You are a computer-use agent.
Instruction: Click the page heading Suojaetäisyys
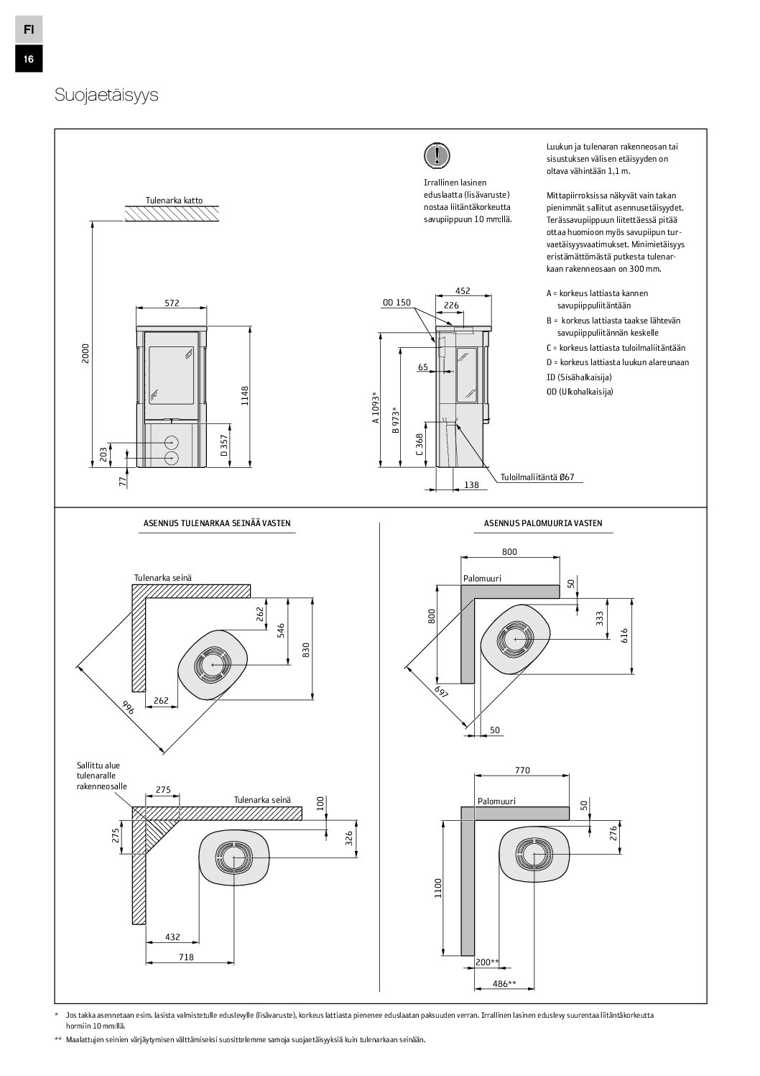[x=106, y=96]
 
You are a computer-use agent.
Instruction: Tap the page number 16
[x=28, y=60]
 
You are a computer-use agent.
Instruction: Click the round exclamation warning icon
[x=436, y=155]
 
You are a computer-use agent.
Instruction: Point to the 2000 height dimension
[x=86, y=352]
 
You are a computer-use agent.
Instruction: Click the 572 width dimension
[x=172, y=303]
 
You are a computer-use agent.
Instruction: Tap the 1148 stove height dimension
[x=244, y=397]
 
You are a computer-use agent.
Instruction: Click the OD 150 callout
[x=396, y=303]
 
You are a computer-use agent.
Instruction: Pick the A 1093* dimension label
[x=375, y=408]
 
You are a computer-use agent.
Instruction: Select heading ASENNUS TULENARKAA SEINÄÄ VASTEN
[x=216, y=523]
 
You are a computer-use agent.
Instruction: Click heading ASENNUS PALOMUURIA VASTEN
[x=543, y=523]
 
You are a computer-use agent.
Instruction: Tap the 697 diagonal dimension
[x=442, y=693]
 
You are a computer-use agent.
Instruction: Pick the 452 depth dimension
[x=463, y=291]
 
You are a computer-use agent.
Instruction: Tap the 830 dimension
[x=306, y=649]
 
